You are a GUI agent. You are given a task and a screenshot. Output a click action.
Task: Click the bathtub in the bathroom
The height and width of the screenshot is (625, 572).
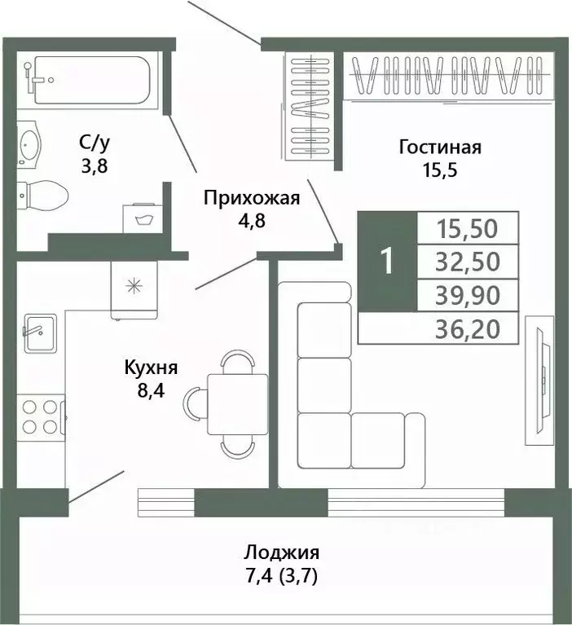[x=86, y=80]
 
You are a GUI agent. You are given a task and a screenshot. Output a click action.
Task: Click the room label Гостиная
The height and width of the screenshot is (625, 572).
[x=440, y=147]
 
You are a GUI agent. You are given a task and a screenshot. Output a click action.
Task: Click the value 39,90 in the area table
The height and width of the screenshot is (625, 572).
[x=468, y=293]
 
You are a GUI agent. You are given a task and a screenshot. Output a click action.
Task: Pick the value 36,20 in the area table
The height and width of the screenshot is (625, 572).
[x=468, y=328]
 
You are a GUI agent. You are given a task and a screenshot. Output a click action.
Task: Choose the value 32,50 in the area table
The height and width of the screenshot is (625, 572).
[x=468, y=261]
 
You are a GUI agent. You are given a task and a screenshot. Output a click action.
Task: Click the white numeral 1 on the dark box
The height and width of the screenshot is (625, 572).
[x=387, y=261]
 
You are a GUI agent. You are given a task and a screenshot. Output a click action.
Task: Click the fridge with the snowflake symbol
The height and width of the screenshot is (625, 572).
[x=132, y=287]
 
